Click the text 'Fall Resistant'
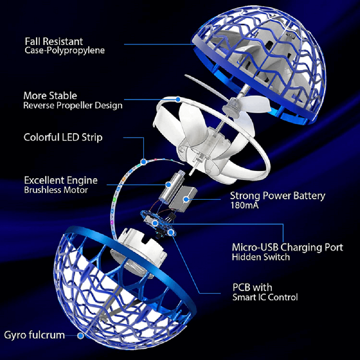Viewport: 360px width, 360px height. [x=54, y=42]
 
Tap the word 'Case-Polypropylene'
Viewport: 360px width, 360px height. [x=65, y=51]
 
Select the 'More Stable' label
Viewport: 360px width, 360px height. [x=50, y=96]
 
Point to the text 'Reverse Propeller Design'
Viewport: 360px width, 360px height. [x=73, y=106]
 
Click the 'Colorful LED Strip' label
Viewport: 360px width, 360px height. [x=63, y=137]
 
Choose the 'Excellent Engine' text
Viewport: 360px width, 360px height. [x=61, y=180]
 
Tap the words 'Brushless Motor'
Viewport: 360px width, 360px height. [x=56, y=190]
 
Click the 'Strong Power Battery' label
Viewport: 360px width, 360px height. [x=277, y=196]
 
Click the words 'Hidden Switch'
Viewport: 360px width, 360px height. [x=261, y=257]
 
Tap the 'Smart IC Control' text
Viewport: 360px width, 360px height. [x=265, y=297]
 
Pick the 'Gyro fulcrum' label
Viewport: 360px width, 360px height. [x=35, y=335]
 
